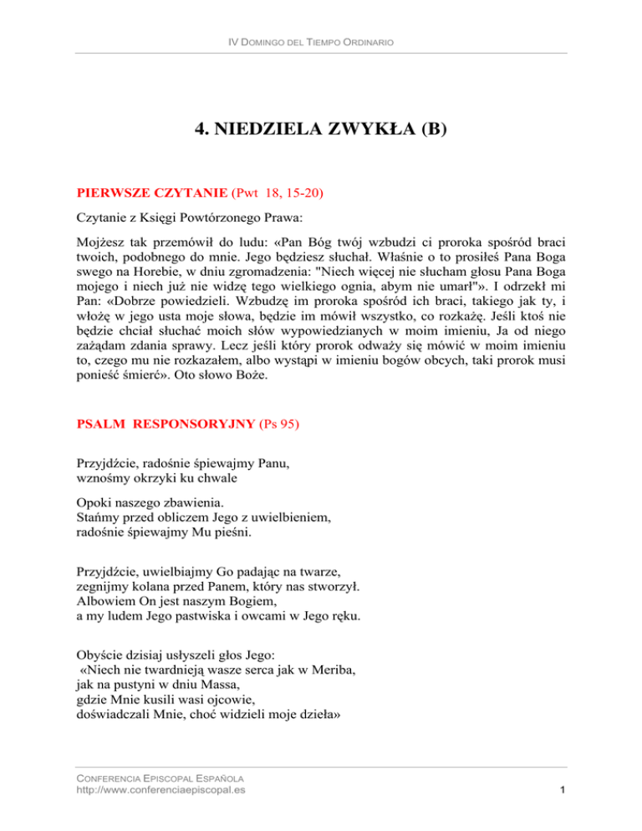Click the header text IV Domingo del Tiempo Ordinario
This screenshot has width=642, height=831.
(x=321, y=42)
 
